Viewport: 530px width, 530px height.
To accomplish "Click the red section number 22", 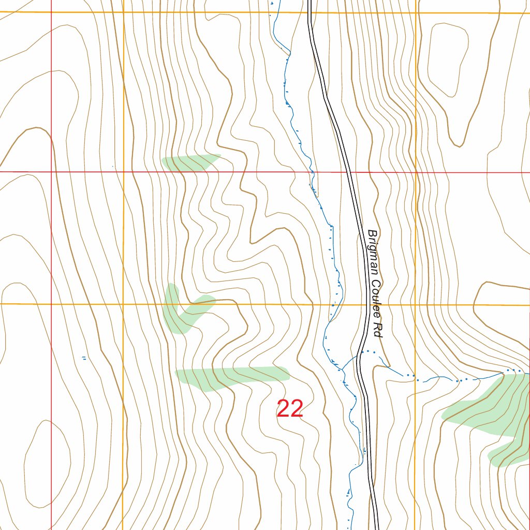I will coord(290,409).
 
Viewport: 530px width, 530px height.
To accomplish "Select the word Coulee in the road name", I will coord(375,298).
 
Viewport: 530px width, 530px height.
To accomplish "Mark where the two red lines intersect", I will coord(51,171).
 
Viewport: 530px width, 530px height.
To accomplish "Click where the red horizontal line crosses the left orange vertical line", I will coord(124,171).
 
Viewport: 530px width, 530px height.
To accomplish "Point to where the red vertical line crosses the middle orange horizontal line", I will coord(51,304).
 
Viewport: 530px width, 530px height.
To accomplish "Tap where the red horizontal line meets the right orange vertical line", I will coord(416,172).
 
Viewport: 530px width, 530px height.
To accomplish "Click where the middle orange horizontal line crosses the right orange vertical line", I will coord(416,304).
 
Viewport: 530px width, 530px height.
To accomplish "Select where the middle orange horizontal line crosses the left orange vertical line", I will coord(124,304).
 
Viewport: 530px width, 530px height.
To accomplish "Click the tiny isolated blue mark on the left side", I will coord(84,357).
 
